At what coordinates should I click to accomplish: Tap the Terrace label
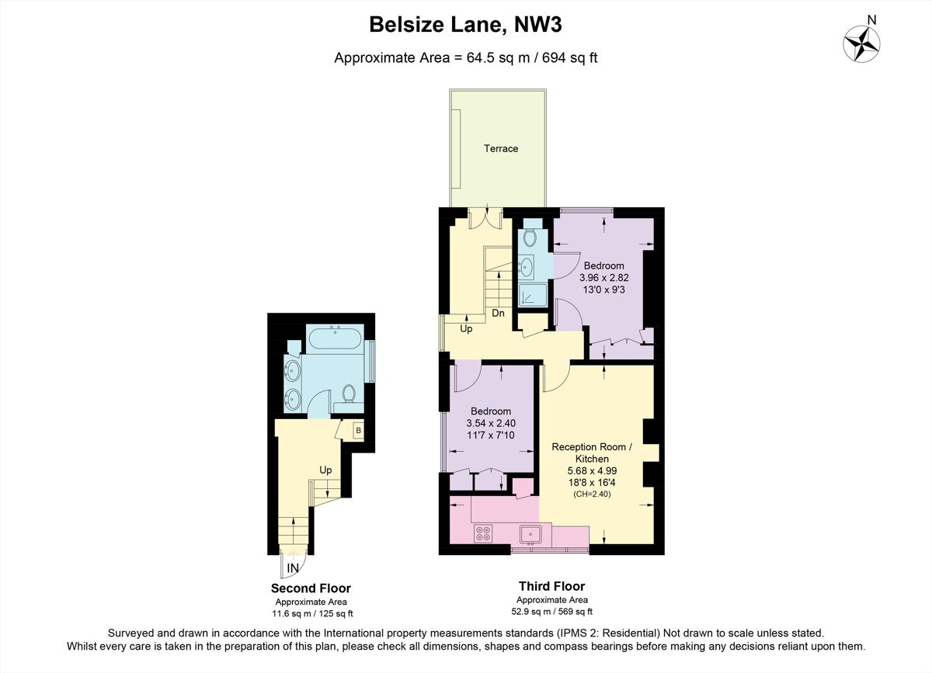pos(501,148)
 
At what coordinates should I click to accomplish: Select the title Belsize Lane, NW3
pos(465,25)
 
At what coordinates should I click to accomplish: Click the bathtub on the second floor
pos(334,339)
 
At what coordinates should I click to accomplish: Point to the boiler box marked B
pos(358,430)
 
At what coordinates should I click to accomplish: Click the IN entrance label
pos(293,569)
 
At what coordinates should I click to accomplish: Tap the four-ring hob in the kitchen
pos(483,533)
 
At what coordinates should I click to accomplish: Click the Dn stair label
pos(499,314)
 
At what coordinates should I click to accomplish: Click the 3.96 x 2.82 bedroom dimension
pos(604,277)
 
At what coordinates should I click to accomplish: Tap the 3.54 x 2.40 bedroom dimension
pos(491,423)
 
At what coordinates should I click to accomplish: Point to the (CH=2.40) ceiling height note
pos(593,493)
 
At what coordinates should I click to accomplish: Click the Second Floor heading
pos(311,588)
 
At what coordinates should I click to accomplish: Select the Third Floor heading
pos(552,587)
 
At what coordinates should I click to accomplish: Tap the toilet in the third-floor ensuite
pos(532,236)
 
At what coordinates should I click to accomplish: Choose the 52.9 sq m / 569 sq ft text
pos(552,610)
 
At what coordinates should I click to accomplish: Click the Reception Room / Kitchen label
pos(593,453)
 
